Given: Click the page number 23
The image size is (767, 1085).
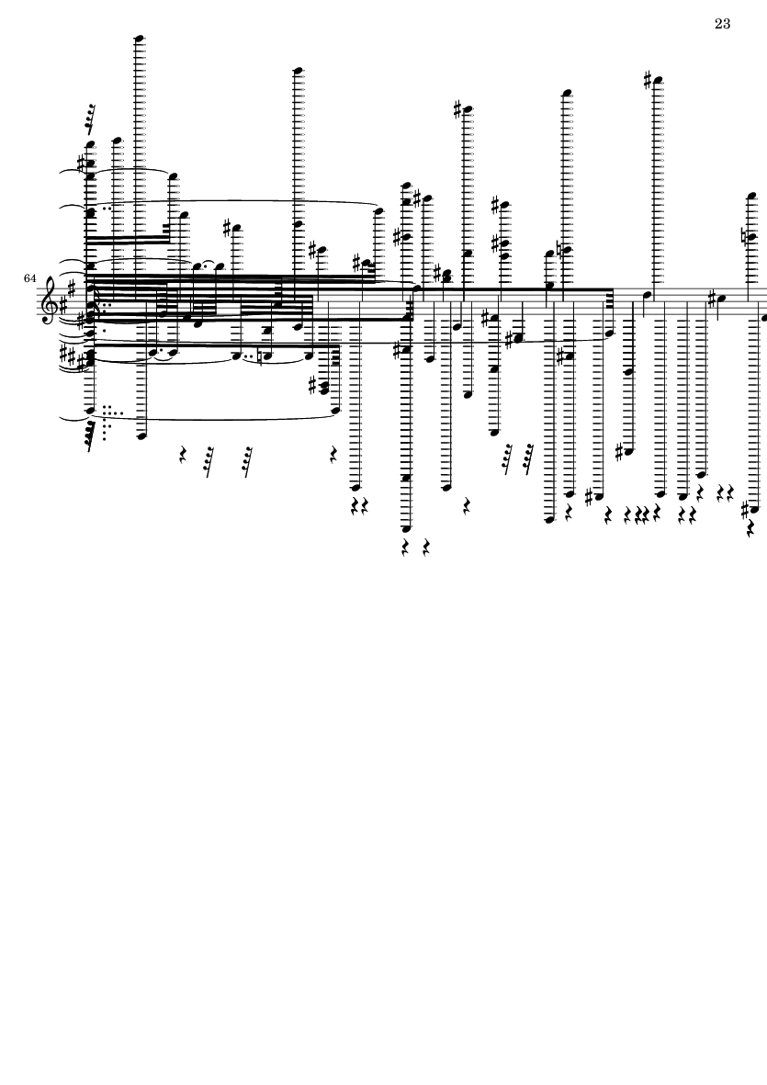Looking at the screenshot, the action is click(x=722, y=24).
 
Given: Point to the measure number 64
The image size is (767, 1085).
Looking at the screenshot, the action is click(x=29, y=278).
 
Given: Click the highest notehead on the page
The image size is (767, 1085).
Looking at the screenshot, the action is click(x=139, y=38).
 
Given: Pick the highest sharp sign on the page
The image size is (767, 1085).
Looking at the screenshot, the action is click(x=648, y=80).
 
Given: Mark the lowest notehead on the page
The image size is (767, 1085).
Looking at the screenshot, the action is click(x=406, y=528).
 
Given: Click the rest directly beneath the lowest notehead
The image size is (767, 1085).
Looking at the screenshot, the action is click(x=406, y=548).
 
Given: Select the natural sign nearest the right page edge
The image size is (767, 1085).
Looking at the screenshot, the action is click(x=745, y=237).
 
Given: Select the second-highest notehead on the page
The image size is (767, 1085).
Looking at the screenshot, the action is click(x=299, y=70).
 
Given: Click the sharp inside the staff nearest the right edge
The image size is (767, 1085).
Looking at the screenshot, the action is click(x=713, y=300).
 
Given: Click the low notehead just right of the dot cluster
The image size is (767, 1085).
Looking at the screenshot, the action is click(x=141, y=436).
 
